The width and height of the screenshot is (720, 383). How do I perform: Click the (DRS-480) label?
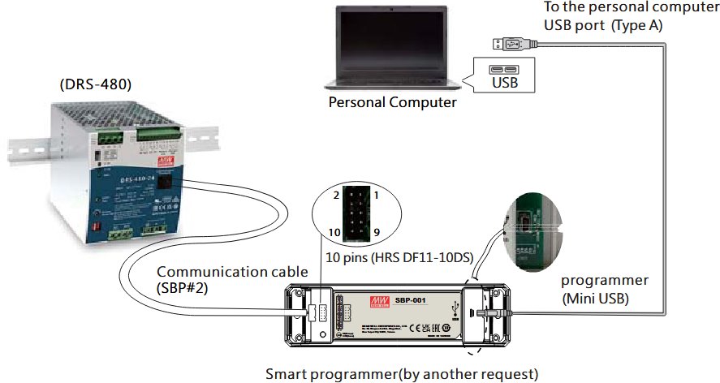coord(96,84)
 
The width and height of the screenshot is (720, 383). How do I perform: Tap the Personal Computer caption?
coord(392,102)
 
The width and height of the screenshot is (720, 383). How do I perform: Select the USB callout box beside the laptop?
coord(502,75)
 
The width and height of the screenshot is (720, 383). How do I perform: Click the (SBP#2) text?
coord(180,287)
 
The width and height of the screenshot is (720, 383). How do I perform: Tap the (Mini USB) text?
coord(597,298)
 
